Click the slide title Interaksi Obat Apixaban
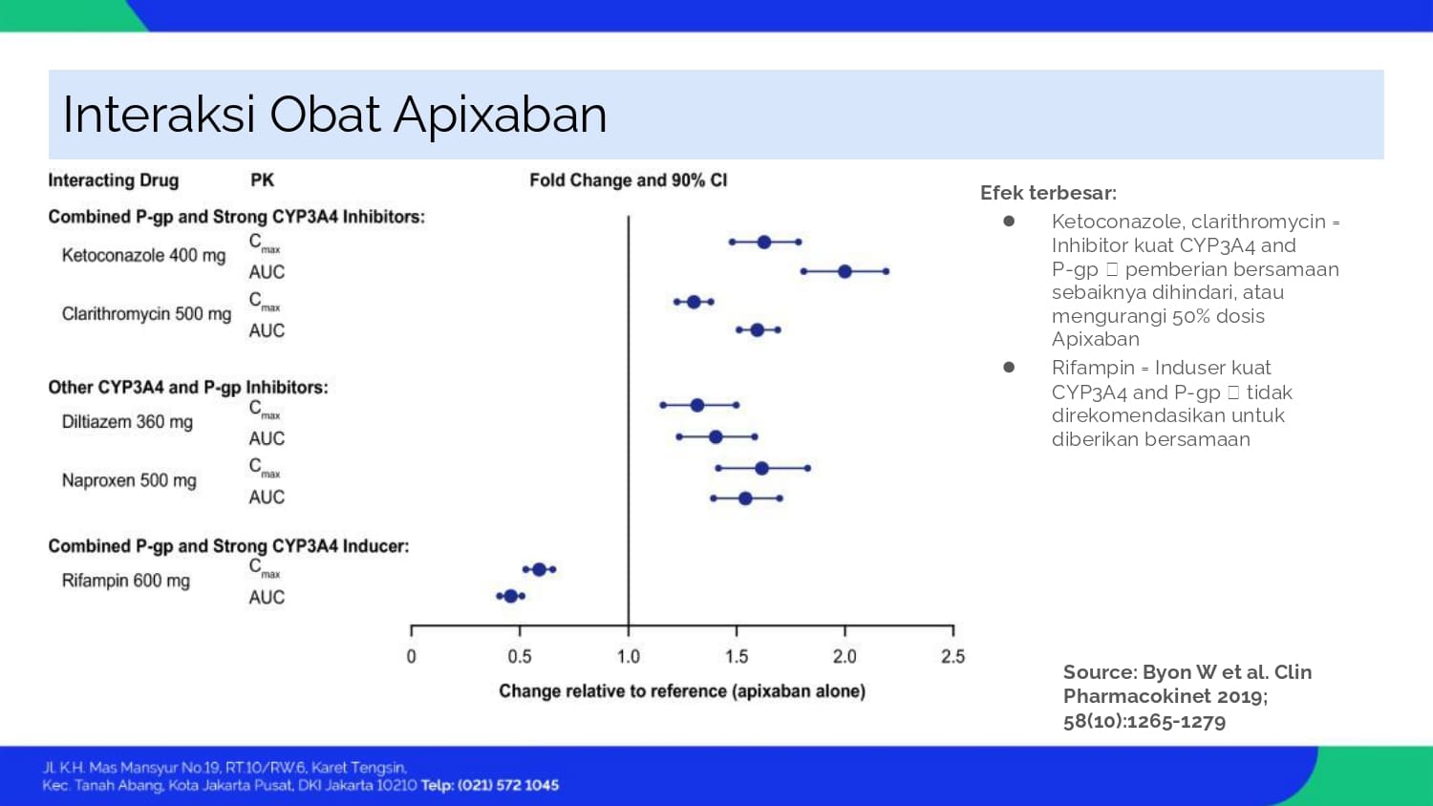click(x=334, y=115)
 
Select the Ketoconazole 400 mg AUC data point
click(x=845, y=272)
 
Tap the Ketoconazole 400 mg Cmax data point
click(x=764, y=243)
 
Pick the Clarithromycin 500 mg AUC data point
click(x=757, y=330)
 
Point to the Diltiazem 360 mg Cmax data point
click(x=697, y=406)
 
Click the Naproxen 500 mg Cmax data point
click(x=761, y=468)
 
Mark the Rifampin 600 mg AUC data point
click(x=510, y=596)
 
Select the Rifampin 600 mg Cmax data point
click(x=539, y=570)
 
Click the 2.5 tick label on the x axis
click(x=952, y=657)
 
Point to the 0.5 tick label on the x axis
click(x=520, y=657)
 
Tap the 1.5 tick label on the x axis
click(x=737, y=657)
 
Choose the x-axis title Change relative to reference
click(x=682, y=691)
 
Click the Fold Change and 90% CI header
click(x=629, y=180)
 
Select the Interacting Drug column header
click(x=113, y=180)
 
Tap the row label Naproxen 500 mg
click(x=129, y=480)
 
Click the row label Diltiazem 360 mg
click(x=127, y=422)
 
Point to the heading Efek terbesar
click(x=1048, y=193)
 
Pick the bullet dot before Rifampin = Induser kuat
click(x=1009, y=368)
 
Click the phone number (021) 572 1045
click(x=508, y=785)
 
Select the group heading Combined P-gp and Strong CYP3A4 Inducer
click(x=228, y=546)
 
